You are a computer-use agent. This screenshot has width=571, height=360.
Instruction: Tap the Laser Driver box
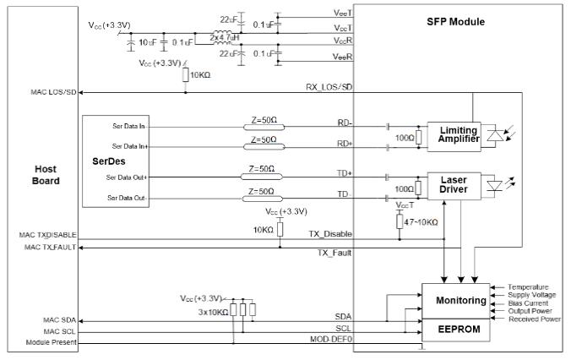pyautogui.click(x=458, y=186)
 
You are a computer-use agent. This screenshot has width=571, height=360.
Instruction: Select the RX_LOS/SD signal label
pyautogui.click(x=329, y=86)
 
